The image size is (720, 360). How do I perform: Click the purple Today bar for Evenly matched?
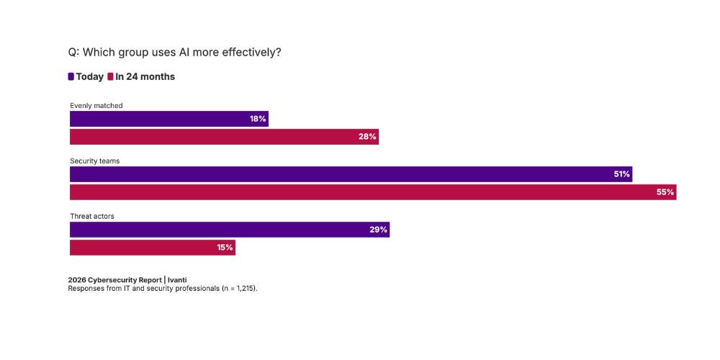[x=169, y=119]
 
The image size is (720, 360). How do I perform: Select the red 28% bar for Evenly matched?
[x=224, y=137]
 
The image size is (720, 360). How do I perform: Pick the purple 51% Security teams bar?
[x=351, y=174]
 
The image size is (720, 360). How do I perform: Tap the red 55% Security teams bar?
[x=373, y=192]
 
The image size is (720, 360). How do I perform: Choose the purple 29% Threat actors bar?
[x=230, y=230]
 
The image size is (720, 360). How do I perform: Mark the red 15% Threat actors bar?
[x=153, y=248]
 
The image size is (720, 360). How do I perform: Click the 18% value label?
[x=258, y=119]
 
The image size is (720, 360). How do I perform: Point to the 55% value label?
[x=665, y=192]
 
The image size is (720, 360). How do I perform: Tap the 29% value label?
[x=379, y=230]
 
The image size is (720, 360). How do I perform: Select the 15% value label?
[x=225, y=248]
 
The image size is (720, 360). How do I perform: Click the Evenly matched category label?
[x=96, y=106]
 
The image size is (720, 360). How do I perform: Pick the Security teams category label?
[x=95, y=161]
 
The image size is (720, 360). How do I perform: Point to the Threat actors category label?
[x=92, y=216]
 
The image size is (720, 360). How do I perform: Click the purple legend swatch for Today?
[x=71, y=77]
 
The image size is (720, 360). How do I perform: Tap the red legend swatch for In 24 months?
[x=110, y=77]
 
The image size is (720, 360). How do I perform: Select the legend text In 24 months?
[x=145, y=77]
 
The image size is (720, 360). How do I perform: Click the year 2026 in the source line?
[x=77, y=280]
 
